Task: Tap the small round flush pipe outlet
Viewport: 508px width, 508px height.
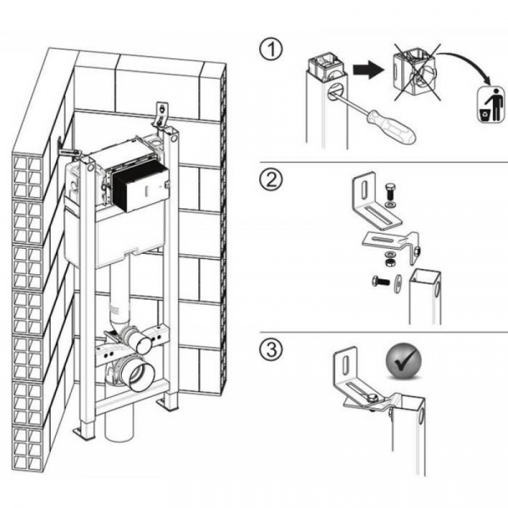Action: point(142,344)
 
